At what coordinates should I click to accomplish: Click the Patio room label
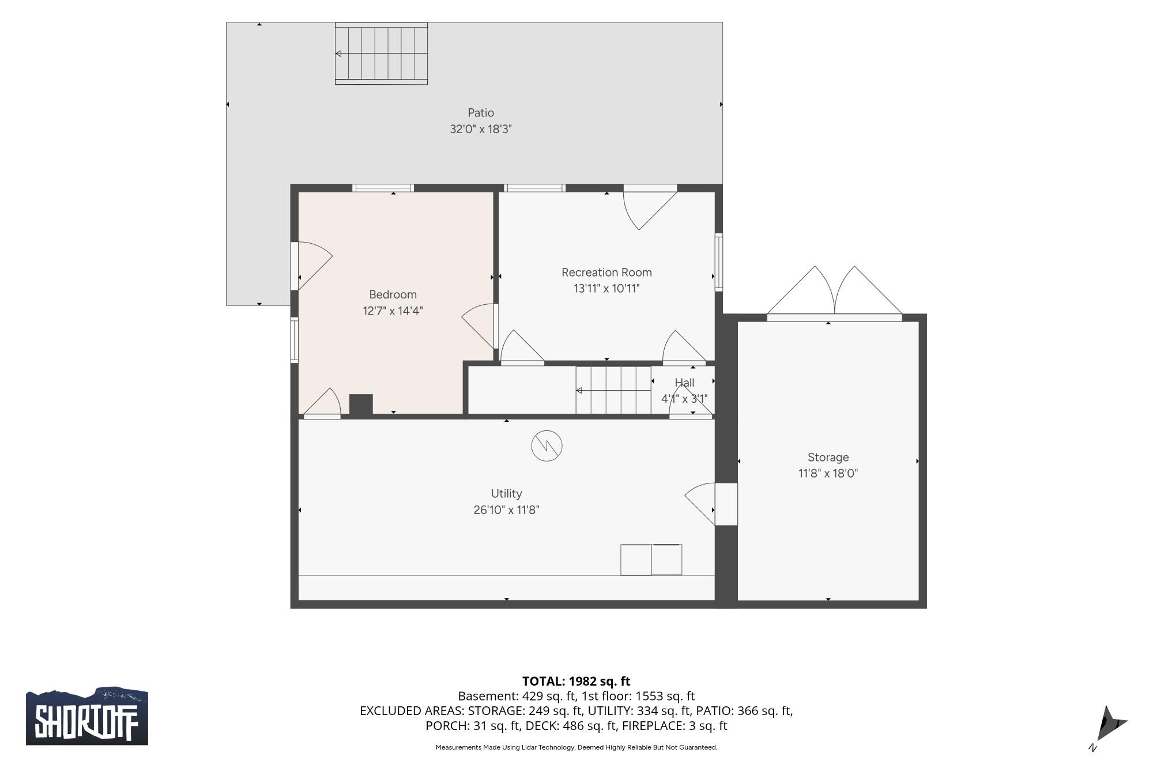tap(480, 113)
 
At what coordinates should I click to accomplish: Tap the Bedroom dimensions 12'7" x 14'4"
tap(393, 311)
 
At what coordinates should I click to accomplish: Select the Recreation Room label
tap(606, 273)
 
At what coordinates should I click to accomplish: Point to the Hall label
tap(684, 383)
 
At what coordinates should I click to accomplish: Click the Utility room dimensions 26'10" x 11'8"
tap(506, 510)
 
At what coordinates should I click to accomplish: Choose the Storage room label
tap(828, 457)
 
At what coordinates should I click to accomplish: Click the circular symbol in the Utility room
tap(547, 446)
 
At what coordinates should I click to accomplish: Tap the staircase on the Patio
tap(381, 54)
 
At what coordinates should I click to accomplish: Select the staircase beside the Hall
tap(613, 390)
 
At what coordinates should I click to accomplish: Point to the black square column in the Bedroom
tap(361, 404)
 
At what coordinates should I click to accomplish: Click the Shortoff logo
tap(87, 716)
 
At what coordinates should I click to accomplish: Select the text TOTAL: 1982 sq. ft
tap(576, 681)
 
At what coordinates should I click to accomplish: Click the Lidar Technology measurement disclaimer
tap(576, 747)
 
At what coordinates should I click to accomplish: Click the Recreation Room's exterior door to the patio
tap(650, 207)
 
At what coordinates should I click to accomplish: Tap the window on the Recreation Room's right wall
tap(719, 262)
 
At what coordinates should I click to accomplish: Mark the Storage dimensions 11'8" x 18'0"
tap(828, 474)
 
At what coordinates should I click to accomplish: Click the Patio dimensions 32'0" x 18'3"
tap(481, 129)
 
